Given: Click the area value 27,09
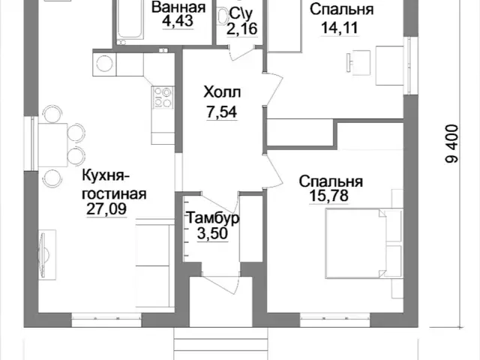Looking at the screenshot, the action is (x=106, y=209).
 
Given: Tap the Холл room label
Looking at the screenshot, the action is (x=222, y=92).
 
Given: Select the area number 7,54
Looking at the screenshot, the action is (x=222, y=112).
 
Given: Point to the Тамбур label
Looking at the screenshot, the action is (x=213, y=218).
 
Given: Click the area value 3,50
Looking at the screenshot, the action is (x=212, y=234).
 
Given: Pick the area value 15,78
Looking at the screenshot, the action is (x=328, y=195).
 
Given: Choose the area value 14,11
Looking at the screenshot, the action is (x=340, y=28).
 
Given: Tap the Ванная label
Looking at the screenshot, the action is (x=178, y=7).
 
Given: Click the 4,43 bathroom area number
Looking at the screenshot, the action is (x=178, y=21).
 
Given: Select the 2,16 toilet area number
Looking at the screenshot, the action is (x=241, y=29).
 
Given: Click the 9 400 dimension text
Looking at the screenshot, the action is (x=452, y=143).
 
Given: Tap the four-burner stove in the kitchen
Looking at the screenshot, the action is (x=163, y=97).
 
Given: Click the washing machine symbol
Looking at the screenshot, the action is (x=104, y=64).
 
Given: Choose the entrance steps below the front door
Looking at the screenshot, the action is (x=221, y=343).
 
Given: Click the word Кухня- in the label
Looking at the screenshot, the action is (x=106, y=177).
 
